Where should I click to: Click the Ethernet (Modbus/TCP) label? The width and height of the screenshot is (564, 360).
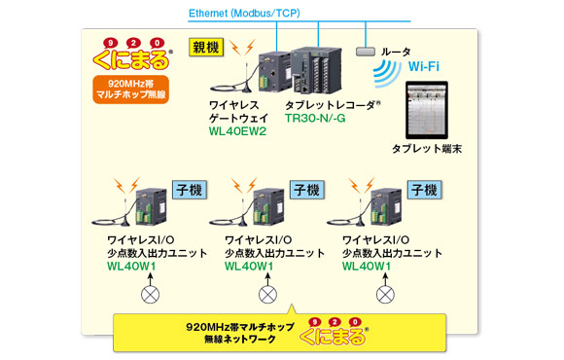click(x=244, y=14)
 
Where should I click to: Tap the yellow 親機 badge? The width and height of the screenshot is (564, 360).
click(x=206, y=48)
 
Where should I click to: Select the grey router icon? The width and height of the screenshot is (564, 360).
click(x=366, y=52)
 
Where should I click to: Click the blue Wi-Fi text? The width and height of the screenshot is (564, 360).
click(x=424, y=66)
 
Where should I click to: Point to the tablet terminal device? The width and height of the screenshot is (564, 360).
click(x=427, y=110)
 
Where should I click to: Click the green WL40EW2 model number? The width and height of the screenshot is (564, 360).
click(x=238, y=131)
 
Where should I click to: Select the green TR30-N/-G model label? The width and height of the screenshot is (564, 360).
click(x=315, y=118)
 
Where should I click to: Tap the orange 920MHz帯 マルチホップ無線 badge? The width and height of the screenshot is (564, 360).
click(x=131, y=90)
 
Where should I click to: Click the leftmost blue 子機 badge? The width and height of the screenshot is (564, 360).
click(x=190, y=190)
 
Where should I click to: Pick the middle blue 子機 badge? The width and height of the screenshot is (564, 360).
click(x=307, y=190)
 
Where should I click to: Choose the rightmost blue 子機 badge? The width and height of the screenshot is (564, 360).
click(x=424, y=190)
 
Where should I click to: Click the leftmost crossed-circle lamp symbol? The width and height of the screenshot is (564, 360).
click(x=151, y=295)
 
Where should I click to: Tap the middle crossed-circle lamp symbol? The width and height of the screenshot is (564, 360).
click(x=268, y=295)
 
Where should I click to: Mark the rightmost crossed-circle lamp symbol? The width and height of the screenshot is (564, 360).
click(x=385, y=295)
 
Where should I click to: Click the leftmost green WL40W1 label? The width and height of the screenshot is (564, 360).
click(x=131, y=267)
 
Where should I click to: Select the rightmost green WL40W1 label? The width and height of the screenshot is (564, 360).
click(x=367, y=267)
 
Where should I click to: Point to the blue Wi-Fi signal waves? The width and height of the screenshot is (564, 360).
click(x=387, y=73)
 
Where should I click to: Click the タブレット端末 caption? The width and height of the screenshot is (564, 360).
click(x=427, y=149)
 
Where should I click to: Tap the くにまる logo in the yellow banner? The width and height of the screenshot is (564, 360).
click(x=334, y=332)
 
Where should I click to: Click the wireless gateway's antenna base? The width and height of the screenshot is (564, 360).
click(x=246, y=90)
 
